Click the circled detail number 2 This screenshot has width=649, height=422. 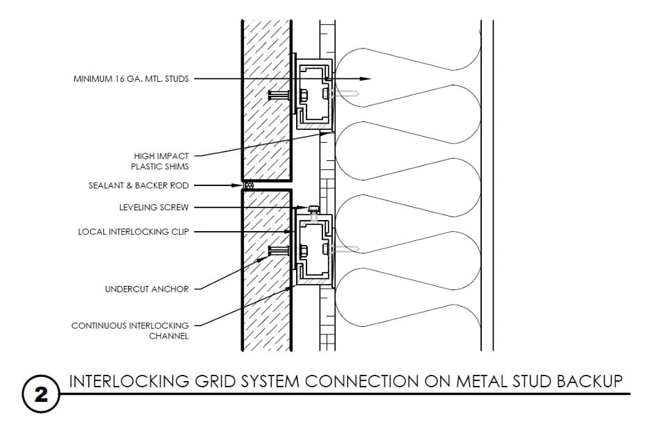point(40,395)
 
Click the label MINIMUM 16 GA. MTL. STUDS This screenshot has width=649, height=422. point(131,78)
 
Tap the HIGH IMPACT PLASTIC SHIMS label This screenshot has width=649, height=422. point(159,161)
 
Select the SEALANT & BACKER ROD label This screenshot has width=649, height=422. point(139,185)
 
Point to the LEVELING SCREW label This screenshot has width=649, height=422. point(154,207)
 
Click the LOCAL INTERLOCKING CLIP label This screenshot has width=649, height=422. point(133,232)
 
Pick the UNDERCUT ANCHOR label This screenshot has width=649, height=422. point(147,289)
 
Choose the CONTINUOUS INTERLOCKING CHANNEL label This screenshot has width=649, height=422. point(130,330)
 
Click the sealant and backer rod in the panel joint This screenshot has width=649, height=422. point(248,185)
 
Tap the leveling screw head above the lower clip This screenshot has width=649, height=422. point(313,207)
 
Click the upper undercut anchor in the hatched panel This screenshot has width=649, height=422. point(279,96)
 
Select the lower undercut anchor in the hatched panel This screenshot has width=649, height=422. point(279,251)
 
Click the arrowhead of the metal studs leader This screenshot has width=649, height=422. point(365,78)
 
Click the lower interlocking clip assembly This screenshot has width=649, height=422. point(313,250)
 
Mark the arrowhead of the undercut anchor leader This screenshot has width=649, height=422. point(263,258)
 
